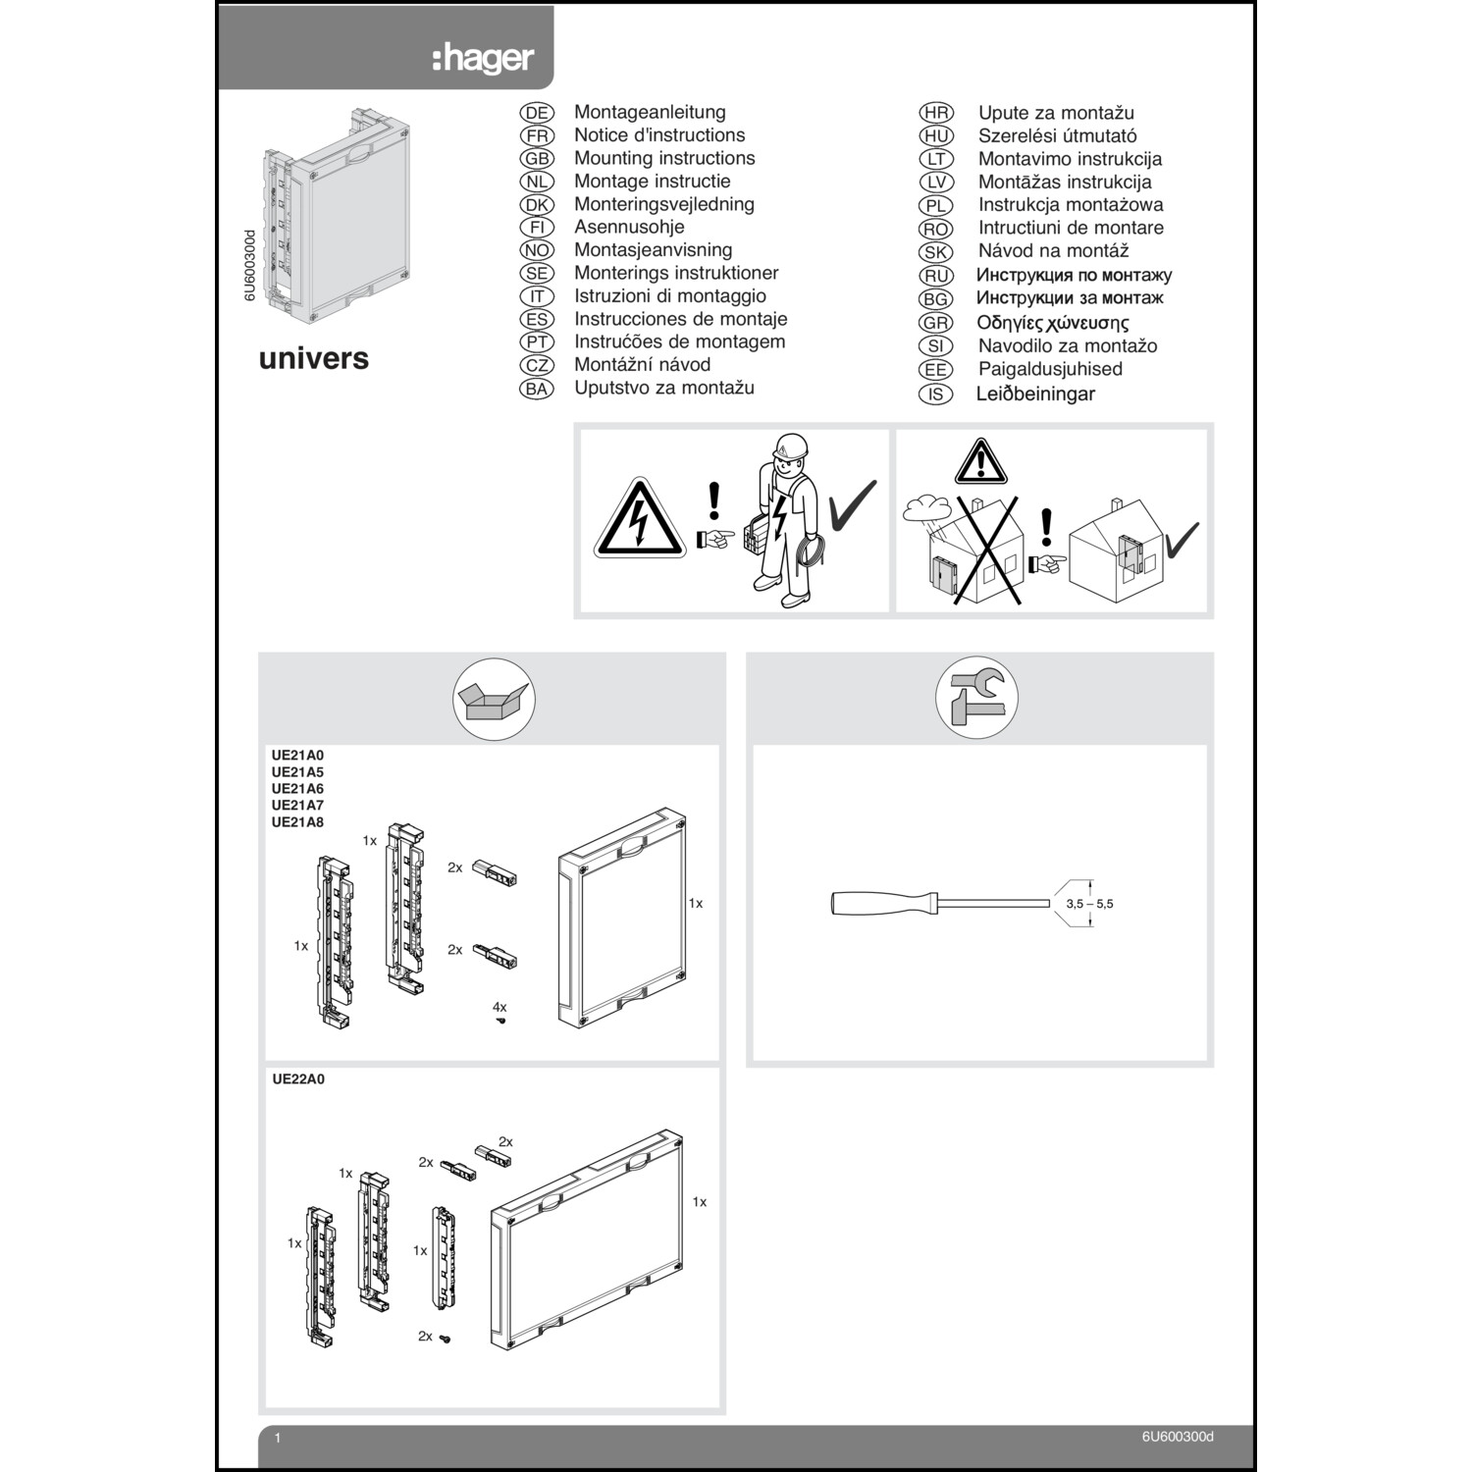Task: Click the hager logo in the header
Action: click(x=483, y=59)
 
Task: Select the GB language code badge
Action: click(x=537, y=159)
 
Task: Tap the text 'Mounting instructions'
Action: click(x=664, y=158)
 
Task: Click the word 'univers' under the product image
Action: click(x=313, y=358)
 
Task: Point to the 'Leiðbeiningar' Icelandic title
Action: click(x=1035, y=394)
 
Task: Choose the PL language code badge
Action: click(x=935, y=205)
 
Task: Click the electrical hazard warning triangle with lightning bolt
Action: click(x=640, y=520)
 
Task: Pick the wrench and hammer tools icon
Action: click(x=976, y=698)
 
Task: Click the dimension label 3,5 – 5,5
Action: click(x=1089, y=904)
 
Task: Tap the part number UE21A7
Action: click(x=297, y=806)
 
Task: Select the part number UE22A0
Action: click(x=298, y=1079)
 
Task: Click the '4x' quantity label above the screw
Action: click(x=499, y=1007)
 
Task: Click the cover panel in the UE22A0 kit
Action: click(x=587, y=1242)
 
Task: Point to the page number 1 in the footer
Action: click(x=278, y=1438)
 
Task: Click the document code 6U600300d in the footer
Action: click(x=1178, y=1437)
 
